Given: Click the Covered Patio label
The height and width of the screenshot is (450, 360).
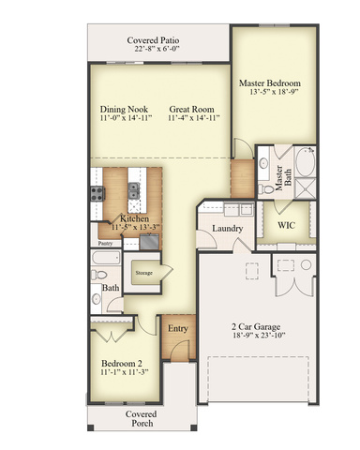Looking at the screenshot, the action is pyautogui.click(x=153, y=40).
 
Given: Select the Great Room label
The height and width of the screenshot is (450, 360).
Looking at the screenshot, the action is pyautogui.click(x=191, y=110).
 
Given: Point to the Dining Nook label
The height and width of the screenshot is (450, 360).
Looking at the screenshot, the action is pyautogui.click(x=124, y=110).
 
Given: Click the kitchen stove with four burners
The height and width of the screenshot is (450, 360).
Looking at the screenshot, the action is pyautogui.click(x=97, y=193).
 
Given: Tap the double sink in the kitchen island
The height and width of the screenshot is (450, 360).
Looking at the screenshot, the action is pyautogui.click(x=134, y=190).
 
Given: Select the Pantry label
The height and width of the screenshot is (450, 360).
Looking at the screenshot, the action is pyautogui.click(x=105, y=243).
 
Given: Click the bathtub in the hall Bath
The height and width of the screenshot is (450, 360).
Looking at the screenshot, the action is pyautogui.click(x=106, y=258).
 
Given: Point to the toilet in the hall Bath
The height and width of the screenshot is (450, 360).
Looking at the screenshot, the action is pyautogui.click(x=98, y=275).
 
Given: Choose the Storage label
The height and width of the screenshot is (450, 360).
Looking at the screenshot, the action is pyautogui.click(x=143, y=273).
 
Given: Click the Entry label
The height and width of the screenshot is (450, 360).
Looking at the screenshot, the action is pyautogui.click(x=178, y=328).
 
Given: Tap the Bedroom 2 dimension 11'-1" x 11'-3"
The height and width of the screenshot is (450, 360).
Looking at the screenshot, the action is pyautogui.click(x=124, y=372).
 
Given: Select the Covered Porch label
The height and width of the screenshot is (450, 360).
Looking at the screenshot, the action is pyautogui.click(x=142, y=419).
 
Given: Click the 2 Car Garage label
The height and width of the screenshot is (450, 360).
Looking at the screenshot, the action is pyautogui.click(x=256, y=327).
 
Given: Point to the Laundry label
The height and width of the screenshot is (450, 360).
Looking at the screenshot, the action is pyautogui.click(x=227, y=229).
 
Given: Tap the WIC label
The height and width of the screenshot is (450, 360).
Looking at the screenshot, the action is pyautogui.click(x=286, y=225).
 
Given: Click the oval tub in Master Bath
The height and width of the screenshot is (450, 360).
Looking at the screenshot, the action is pyautogui.click(x=306, y=162).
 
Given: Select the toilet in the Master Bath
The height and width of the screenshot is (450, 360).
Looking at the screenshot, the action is pyautogui.click(x=265, y=188).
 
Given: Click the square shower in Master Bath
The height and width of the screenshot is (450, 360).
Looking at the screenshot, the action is pyautogui.click(x=306, y=187).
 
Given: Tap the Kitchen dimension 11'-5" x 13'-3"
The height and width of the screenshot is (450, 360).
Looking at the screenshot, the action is pyautogui.click(x=135, y=227).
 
